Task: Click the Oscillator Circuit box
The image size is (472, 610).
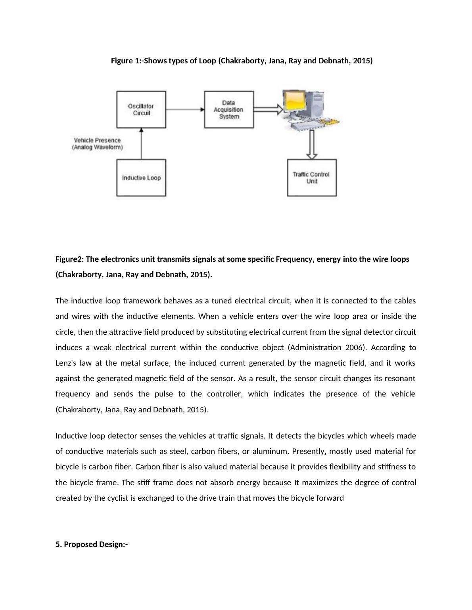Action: click(x=141, y=109)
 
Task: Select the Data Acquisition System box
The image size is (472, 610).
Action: click(x=229, y=109)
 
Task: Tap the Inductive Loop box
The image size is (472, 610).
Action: click(x=141, y=177)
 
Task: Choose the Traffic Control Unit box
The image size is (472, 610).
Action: click(x=312, y=177)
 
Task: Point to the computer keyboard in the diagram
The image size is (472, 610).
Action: click(x=307, y=126)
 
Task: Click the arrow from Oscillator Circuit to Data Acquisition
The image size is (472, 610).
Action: click(x=185, y=109)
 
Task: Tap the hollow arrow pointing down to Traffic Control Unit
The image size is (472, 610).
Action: click(x=312, y=145)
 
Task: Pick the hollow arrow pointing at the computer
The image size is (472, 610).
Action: click(x=268, y=109)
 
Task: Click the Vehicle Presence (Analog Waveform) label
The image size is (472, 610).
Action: click(x=97, y=143)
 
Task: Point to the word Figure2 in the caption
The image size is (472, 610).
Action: click(x=69, y=259)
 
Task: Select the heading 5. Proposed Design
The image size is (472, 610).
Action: click(x=92, y=544)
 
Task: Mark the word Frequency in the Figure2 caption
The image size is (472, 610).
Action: click(x=292, y=259)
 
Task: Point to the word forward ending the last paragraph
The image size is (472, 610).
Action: click(x=330, y=498)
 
